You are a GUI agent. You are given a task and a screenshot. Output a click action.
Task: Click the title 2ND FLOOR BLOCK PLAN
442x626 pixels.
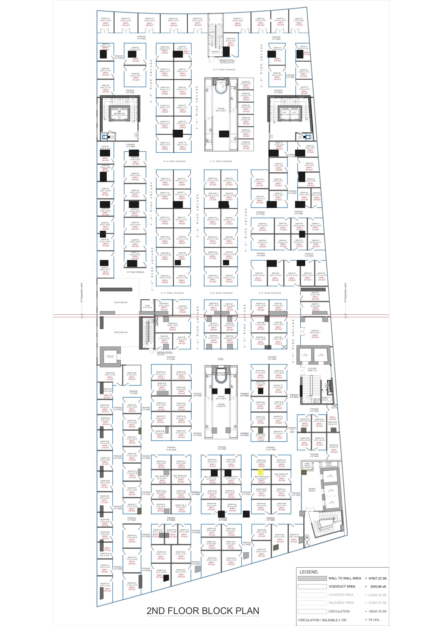203,611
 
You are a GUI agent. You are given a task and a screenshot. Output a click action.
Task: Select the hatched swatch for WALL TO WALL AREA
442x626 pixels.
312,578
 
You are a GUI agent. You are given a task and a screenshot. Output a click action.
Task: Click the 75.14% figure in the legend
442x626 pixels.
374,620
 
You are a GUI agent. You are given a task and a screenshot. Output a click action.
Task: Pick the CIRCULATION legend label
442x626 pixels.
339,611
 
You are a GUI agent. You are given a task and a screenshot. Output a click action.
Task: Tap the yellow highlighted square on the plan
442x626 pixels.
260,472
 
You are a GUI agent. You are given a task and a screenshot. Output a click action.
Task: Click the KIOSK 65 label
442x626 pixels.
246,82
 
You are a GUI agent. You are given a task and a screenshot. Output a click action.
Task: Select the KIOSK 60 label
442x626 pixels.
246,142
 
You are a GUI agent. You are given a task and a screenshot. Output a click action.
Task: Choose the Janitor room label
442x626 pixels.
147,305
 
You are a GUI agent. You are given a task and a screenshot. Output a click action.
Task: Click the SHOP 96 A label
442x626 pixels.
172,323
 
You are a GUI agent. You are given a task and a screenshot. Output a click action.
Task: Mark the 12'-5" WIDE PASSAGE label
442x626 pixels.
224,69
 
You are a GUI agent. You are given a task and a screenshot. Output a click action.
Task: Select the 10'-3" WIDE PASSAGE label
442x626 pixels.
174,161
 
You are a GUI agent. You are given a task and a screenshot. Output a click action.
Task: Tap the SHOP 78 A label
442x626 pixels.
165,47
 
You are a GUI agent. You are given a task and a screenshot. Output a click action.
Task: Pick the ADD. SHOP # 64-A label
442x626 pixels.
262,477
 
